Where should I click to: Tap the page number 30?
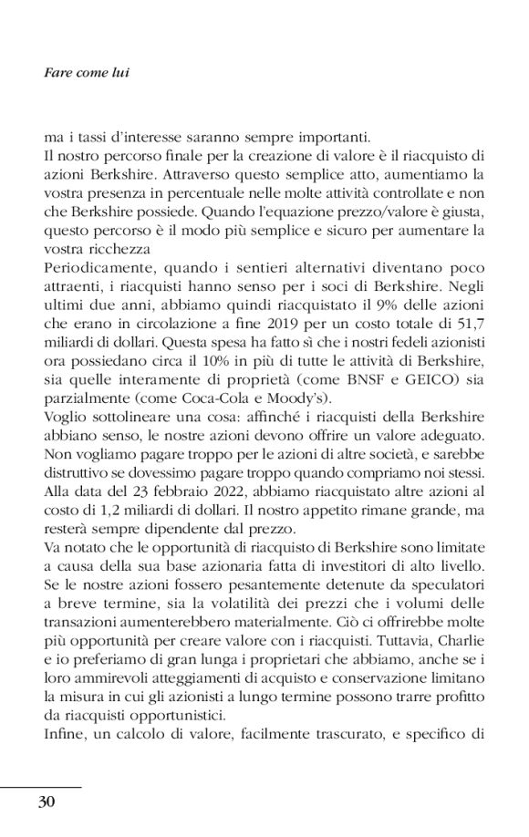point(47,801)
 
